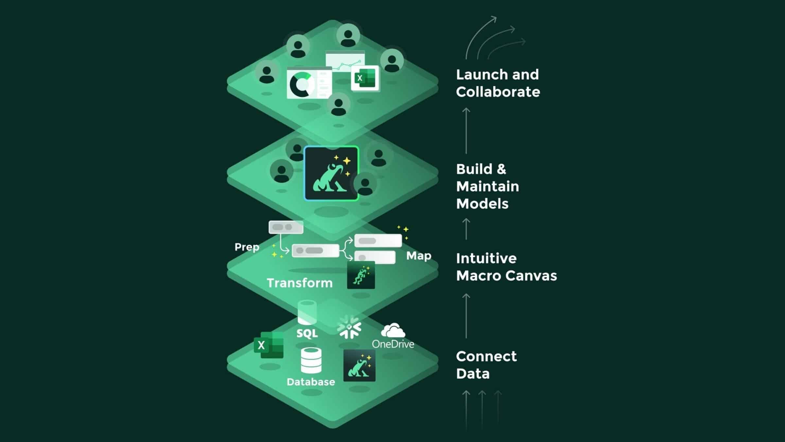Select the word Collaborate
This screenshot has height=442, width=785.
[x=498, y=92]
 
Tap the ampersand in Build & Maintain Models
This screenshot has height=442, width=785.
[x=501, y=169]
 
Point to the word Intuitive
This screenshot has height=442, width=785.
[x=486, y=258]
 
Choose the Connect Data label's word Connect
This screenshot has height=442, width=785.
[x=486, y=356]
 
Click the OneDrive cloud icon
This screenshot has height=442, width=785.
[x=393, y=330]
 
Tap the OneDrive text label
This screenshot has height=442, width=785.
[x=393, y=344]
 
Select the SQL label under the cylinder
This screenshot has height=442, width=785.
[x=307, y=334]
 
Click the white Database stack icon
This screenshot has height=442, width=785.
[x=311, y=360]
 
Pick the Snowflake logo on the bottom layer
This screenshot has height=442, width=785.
[x=349, y=326]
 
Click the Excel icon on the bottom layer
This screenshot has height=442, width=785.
[x=269, y=345]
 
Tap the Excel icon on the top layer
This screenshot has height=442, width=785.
[x=365, y=78]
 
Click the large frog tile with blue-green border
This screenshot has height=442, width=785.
[x=331, y=173]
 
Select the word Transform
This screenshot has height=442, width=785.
[x=300, y=283]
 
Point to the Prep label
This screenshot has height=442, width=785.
[x=247, y=247]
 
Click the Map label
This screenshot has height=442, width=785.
[x=419, y=256]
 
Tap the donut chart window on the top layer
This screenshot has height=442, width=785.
[x=309, y=83]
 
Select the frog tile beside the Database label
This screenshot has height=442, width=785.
[x=359, y=365]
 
